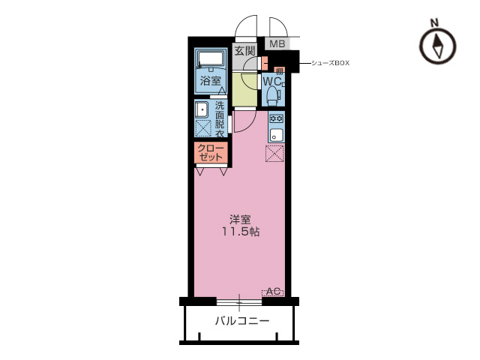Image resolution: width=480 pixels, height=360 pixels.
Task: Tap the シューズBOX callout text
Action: pyautogui.click(x=330, y=63)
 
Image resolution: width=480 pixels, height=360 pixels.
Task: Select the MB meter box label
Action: pyautogui.click(x=277, y=43)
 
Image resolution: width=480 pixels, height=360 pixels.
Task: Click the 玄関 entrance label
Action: pyautogui.click(x=244, y=51)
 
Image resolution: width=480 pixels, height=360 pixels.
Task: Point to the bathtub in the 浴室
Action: pyautogui.click(x=211, y=59)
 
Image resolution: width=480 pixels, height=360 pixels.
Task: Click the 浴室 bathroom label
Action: pyautogui.click(x=211, y=81)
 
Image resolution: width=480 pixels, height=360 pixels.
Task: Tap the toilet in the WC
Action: pyautogui.click(x=272, y=95)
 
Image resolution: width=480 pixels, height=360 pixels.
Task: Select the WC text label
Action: pyautogui.click(x=272, y=82)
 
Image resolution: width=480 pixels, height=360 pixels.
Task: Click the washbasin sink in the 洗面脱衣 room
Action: pyautogui.click(x=202, y=109)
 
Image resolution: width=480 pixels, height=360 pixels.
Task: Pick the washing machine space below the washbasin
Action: pyautogui.click(x=203, y=128)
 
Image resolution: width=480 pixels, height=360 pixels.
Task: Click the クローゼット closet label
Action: pyautogui.click(x=210, y=152)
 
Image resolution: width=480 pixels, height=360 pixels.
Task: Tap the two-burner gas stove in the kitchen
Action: pyautogui.click(x=277, y=118)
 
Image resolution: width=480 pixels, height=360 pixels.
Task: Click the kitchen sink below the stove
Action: pyautogui.click(x=277, y=134)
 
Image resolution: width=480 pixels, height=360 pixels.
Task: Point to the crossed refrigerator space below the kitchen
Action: pyautogui.click(x=274, y=153)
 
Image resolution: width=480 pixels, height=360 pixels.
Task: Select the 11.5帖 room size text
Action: pyautogui.click(x=241, y=232)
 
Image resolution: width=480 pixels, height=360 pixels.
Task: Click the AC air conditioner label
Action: pyautogui.click(x=273, y=292)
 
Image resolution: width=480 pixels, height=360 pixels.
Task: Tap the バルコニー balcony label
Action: pyautogui.click(x=242, y=321)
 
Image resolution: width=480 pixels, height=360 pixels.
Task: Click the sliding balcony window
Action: pyautogui.click(x=239, y=302)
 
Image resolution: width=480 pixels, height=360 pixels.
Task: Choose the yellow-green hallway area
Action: pyautogui.click(x=244, y=88)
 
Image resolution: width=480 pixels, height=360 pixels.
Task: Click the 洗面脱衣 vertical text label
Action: pyautogui.click(x=220, y=119)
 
